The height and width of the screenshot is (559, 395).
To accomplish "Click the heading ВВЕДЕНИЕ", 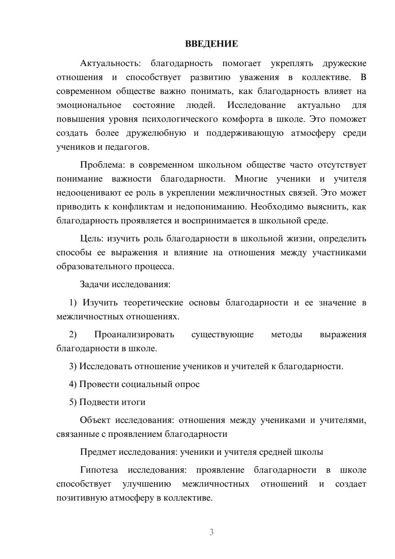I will [211, 44].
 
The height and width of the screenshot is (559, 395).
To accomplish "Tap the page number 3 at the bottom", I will [211, 532].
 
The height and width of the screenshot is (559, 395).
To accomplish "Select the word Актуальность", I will [109, 63].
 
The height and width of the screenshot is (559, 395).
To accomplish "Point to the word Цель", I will [91, 238].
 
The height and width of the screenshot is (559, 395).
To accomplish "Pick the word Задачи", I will [95, 284].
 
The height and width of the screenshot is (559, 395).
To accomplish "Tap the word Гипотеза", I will [99, 470].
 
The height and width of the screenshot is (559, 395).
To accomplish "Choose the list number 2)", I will [73, 334].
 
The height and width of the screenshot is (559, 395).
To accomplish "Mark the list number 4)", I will [73, 384].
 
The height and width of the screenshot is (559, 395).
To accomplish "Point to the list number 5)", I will [73, 402].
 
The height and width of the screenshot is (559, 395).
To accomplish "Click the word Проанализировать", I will [134, 334].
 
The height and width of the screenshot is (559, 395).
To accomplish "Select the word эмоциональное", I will [89, 105].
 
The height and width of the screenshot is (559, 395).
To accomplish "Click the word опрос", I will [187, 384].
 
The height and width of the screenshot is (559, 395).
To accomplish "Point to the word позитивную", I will [80, 498].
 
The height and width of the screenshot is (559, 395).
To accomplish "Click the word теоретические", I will [153, 302].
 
